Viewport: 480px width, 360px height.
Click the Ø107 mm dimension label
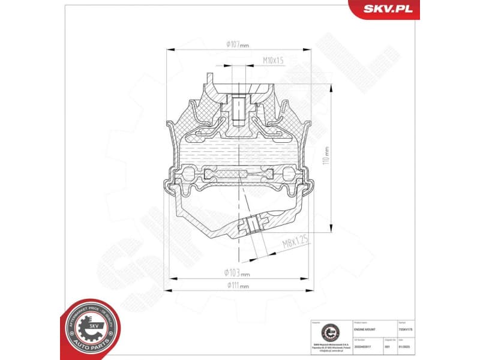point(237,44)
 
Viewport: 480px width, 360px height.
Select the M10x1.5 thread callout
point(273,60)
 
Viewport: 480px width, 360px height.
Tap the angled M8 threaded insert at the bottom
point(252,225)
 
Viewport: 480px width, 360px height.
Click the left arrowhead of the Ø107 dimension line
point(170,50)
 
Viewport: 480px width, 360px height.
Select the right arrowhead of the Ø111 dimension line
point(310,291)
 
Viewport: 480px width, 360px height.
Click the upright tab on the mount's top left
point(209,79)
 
